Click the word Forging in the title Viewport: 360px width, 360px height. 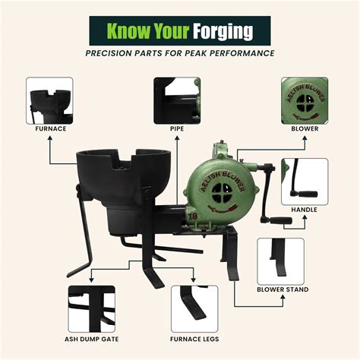click(223, 31)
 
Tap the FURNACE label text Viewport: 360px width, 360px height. click(51, 128)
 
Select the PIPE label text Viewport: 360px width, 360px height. click(177, 128)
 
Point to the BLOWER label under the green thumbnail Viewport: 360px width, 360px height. click(305, 128)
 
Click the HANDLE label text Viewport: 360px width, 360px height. click(304, 210)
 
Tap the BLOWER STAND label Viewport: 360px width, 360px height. click(283, 289)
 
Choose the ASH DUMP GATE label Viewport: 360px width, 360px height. click(92, 339)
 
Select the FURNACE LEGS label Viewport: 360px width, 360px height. click(194, 339)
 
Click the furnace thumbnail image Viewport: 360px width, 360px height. click(49, 100)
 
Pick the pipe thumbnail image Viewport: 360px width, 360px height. click(177, 100)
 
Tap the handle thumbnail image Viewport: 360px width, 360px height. click(305, 182)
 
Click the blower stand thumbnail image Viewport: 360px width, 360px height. click(280, 261)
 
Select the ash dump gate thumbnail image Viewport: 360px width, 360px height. click(92, 309)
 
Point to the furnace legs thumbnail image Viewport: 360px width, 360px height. click(194, 309)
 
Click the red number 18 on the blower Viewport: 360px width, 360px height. click(193, 216)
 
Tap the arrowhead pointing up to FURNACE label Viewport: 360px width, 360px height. click(50, 137)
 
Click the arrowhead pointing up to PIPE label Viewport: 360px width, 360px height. click(177, 137)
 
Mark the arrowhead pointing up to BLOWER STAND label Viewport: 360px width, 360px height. click(283, 297)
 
